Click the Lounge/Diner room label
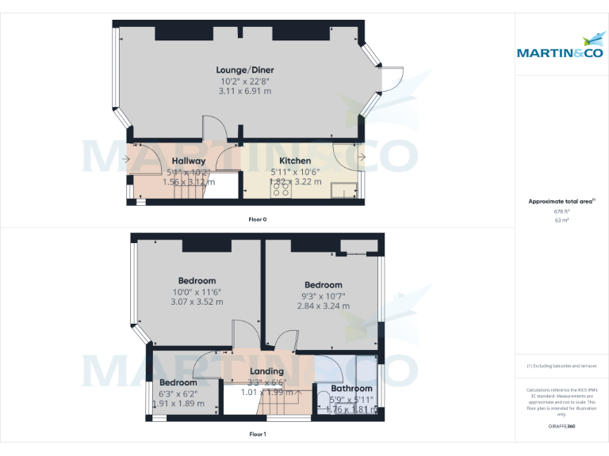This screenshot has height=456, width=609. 245,70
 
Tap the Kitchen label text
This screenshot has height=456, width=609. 294,161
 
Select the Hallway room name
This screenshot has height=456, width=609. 188,161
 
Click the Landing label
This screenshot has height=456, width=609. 266,371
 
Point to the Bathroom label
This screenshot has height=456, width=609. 351,389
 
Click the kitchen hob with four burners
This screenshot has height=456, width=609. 282,189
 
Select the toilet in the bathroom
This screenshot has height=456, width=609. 323,399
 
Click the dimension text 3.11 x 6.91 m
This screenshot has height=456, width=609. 245,91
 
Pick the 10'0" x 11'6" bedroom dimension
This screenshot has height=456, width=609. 197,291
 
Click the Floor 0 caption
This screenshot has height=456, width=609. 258,218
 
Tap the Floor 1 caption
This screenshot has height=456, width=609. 258,434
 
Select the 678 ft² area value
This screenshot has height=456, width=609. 561,211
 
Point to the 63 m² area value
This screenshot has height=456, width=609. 561,220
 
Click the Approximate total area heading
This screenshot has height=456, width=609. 560,202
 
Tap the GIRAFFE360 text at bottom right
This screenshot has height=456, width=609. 561,426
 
